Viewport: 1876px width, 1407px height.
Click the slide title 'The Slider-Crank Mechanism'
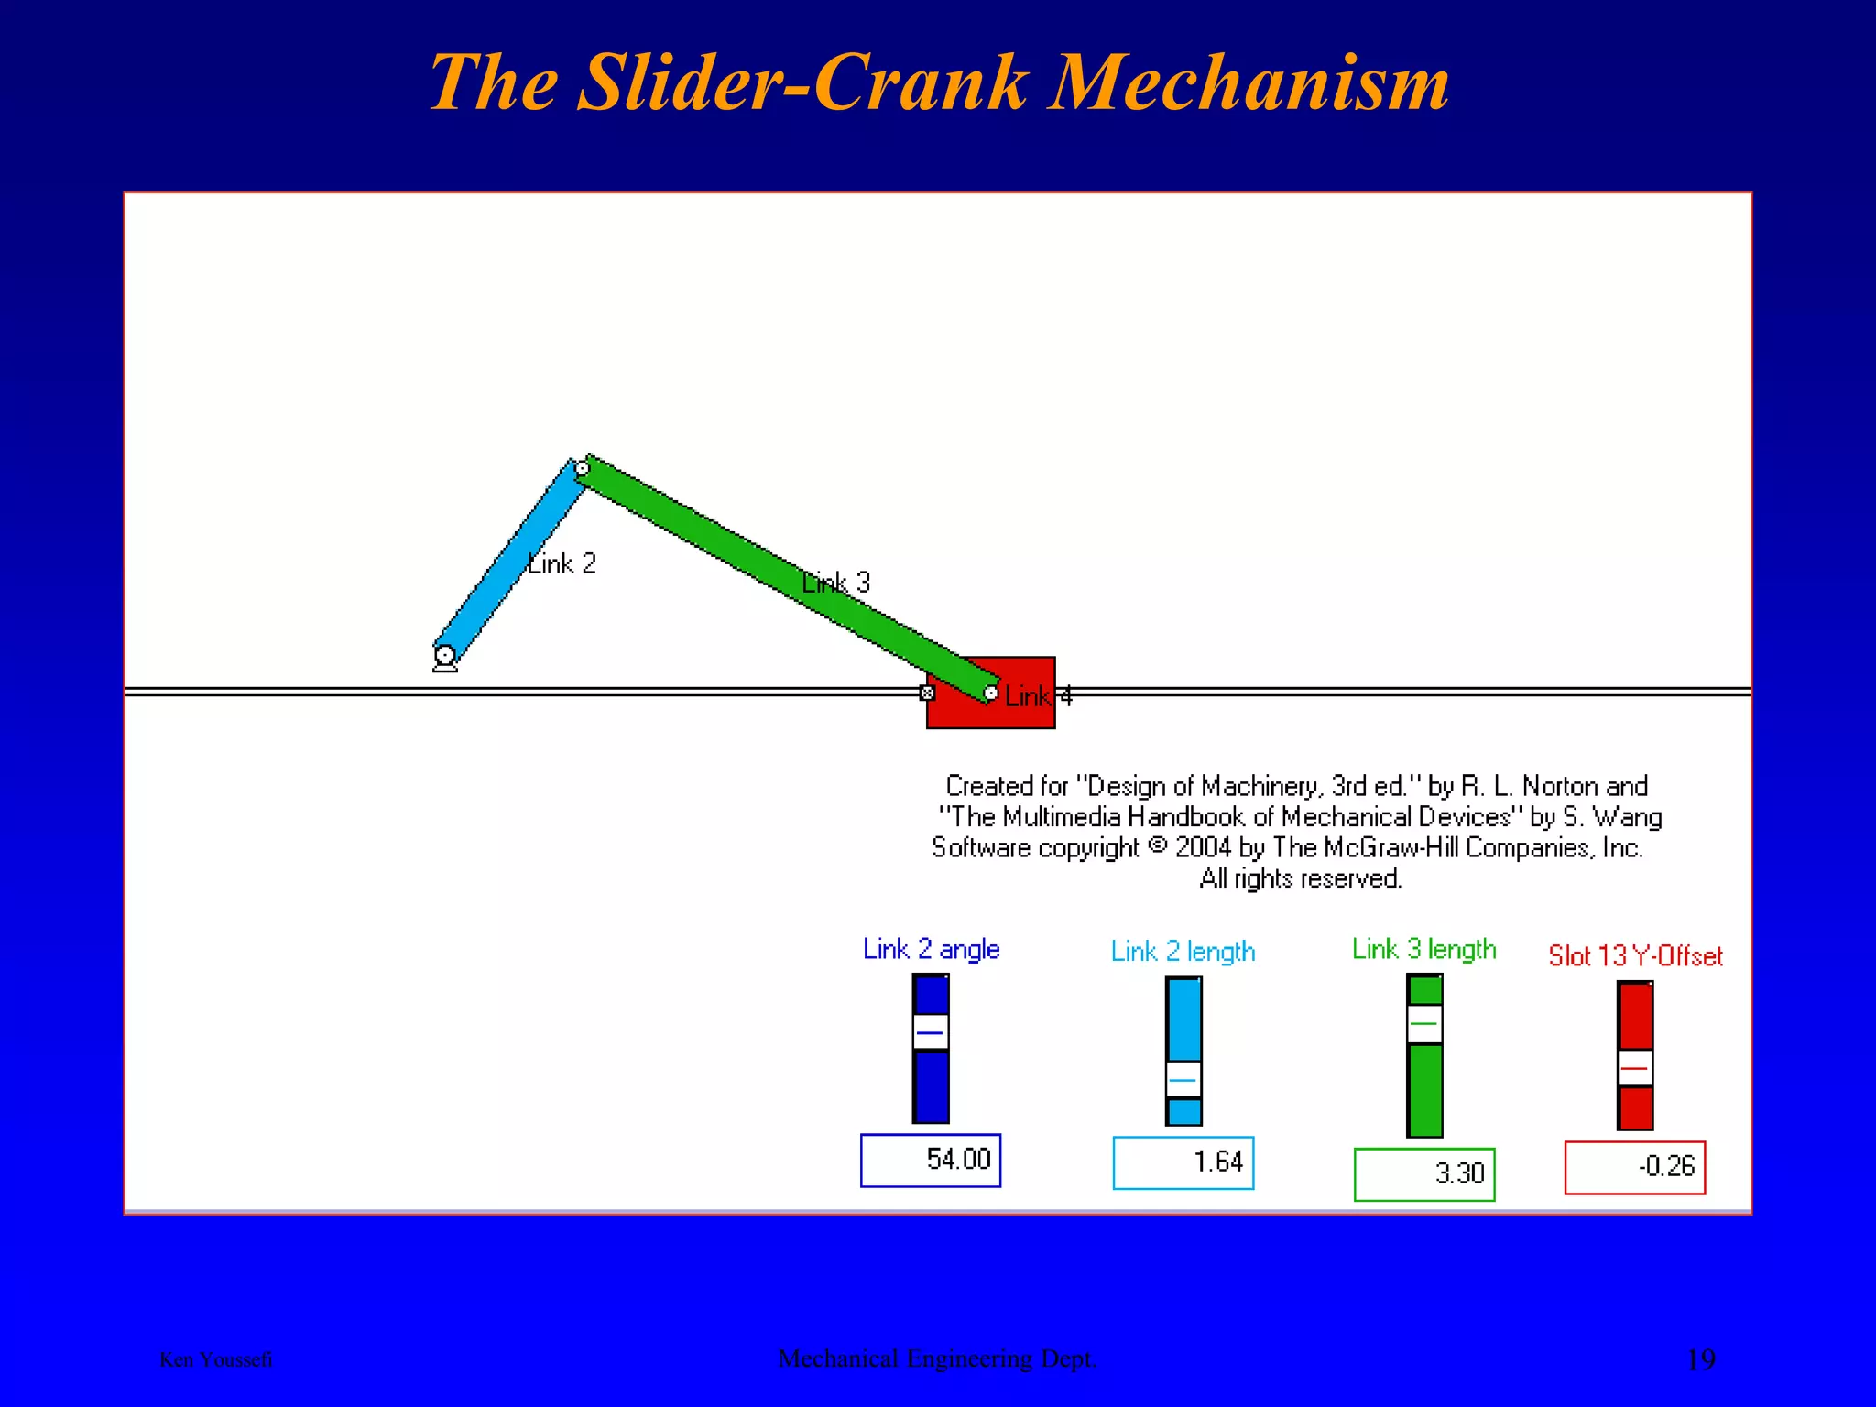[939, 82]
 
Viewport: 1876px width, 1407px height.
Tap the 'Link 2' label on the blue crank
[562, 563]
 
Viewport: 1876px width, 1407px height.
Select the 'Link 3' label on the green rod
[836, 583]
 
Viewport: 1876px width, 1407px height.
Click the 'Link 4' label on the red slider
[1038, 697]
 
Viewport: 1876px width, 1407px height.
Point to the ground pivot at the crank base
[445, 656]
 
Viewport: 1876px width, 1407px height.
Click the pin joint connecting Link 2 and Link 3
[583, 469]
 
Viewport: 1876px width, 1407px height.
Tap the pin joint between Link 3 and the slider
[990, 693]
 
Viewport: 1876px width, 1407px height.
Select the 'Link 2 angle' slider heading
[931, 949]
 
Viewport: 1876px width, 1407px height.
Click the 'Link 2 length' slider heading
[1183, 952]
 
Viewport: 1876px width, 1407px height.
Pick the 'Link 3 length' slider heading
[1423, 949]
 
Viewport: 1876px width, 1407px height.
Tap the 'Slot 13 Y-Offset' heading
[1635, 956]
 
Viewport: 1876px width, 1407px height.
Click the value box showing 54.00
[931, 1161]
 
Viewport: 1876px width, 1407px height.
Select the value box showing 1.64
[1183, 1162]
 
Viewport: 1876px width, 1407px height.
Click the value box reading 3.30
[1424, 1174]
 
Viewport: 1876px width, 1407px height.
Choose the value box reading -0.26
[1635, 1167]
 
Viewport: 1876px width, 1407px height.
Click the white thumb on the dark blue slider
[931, 1032]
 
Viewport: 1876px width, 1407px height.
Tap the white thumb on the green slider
[1424, 1023]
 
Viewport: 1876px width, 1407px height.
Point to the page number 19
[1700, 1359]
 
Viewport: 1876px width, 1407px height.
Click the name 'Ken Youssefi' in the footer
[216, 1359]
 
